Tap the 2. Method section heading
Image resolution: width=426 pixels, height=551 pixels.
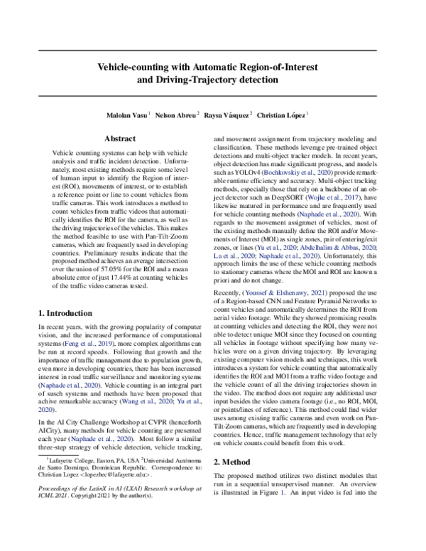point(237,459)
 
